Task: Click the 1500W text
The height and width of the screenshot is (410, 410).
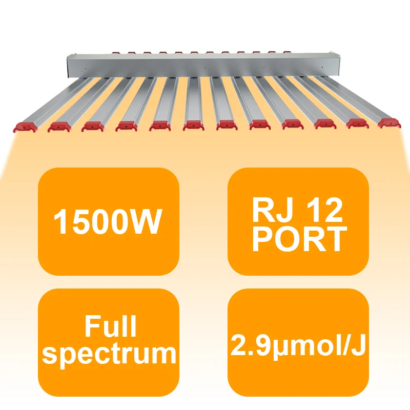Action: click(108, 222)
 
